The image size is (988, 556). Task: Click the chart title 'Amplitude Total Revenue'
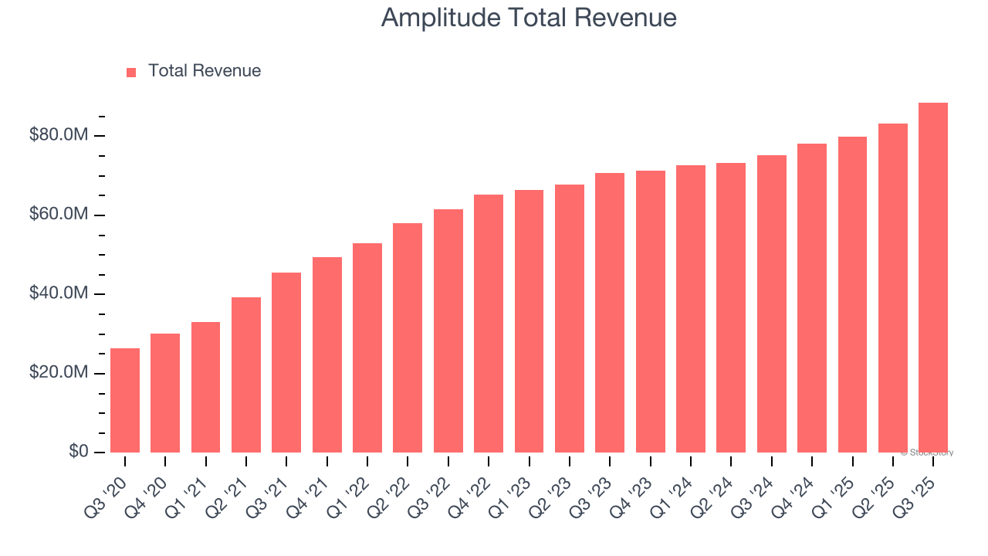[x=529, y=18]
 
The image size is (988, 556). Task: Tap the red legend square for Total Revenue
[x=131, y=72]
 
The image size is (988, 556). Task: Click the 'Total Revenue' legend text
[x=205, y=71]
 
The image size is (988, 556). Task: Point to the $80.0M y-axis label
[x=59, y=135]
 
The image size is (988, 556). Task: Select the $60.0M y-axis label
[x=59, y=215]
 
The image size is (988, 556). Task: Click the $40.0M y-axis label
[x=59, y=293]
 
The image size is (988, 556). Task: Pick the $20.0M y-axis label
[x=59, y=373]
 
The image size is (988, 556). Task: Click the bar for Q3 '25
[x=932, y=278]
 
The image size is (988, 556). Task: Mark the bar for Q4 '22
[x=489, y=324]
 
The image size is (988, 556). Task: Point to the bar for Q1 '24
[x=690, y=309]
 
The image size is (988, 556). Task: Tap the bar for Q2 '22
[x=408, y=337]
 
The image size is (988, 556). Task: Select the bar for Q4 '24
[x=811, y=298]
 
